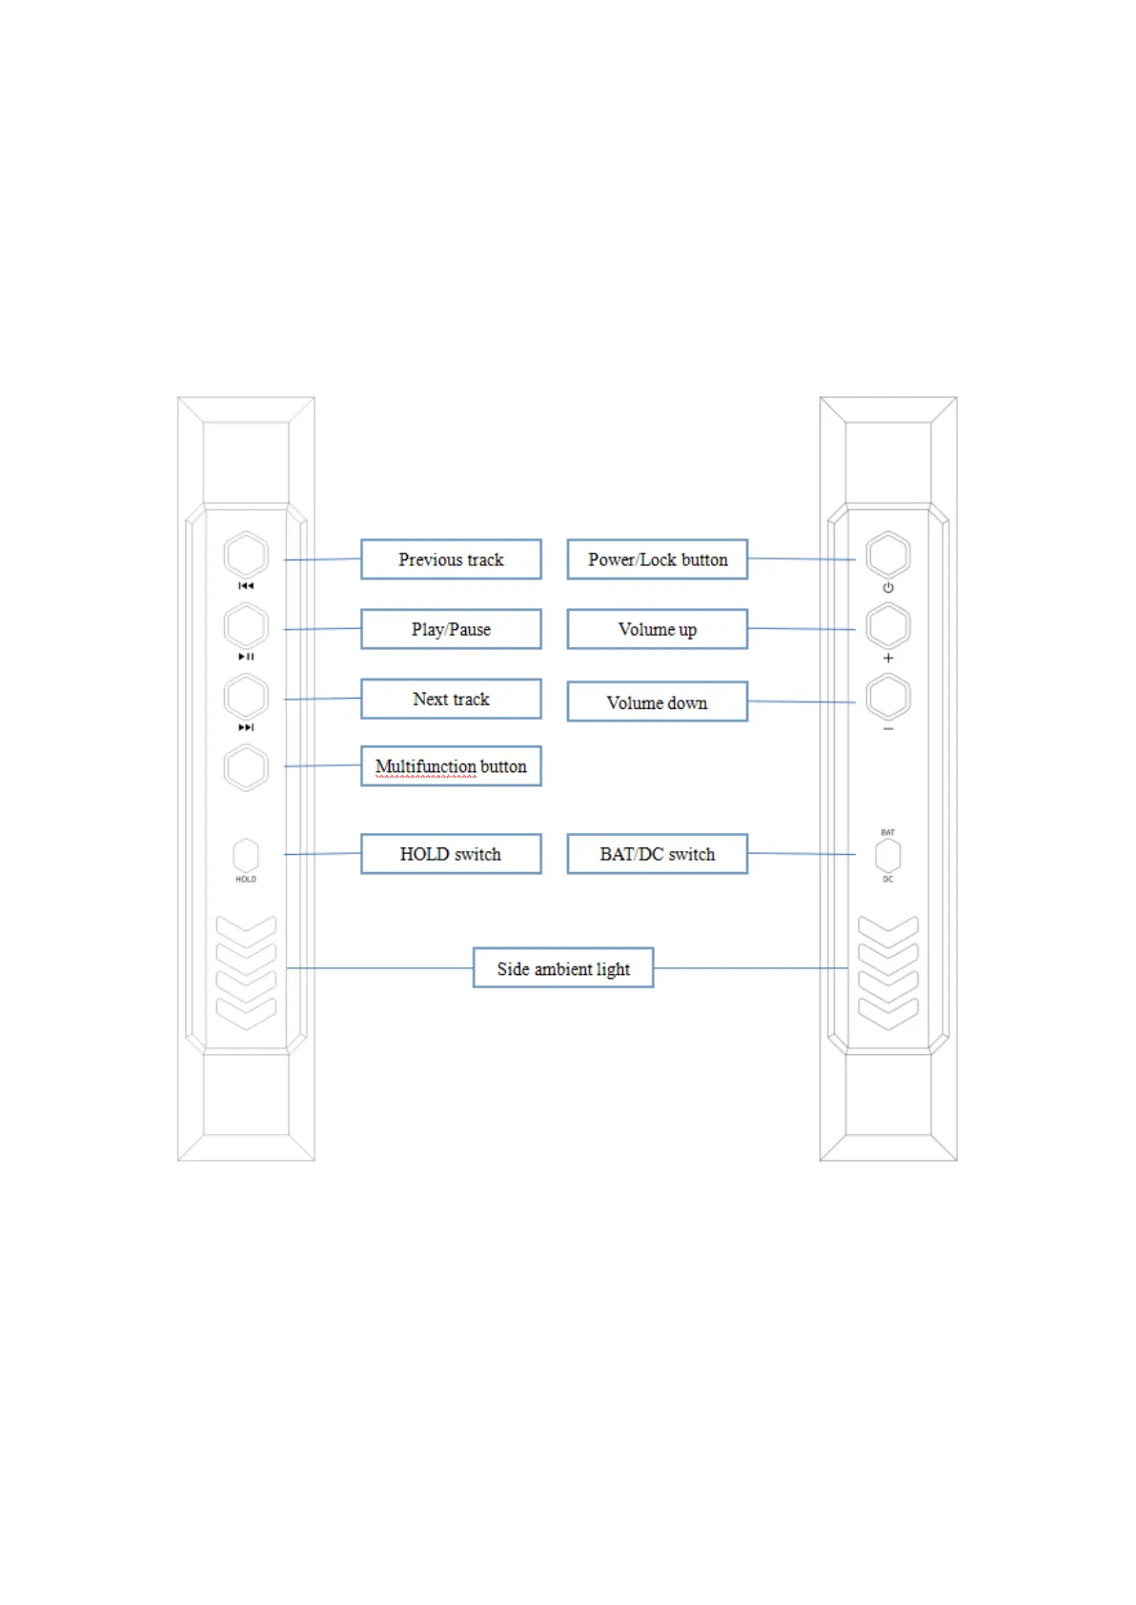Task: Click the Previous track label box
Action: click(451, 559)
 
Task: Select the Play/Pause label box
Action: click(451, 629)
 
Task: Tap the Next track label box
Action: click(451, 699)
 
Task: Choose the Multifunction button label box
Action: click(451, 766)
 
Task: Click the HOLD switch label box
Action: click(451, 854)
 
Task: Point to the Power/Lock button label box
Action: click(658, 559)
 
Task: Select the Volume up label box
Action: click(658, 629)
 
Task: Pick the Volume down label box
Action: click(658, 701)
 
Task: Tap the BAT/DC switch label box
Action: click(658, 854)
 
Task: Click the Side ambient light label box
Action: click(563, 968)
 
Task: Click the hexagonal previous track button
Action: click(246, 555)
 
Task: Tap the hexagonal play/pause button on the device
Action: click(246, 626)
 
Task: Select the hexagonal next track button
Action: click(246, 697)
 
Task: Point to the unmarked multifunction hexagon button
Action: click(246, 767)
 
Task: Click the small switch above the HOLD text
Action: click(246, 855)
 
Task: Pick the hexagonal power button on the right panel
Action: click(888, 555)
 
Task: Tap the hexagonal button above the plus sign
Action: click(888, 626)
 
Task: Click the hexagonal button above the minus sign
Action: click(888, 697)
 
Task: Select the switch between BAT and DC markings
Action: click(888, 855)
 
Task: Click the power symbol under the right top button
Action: click(888, 587)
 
